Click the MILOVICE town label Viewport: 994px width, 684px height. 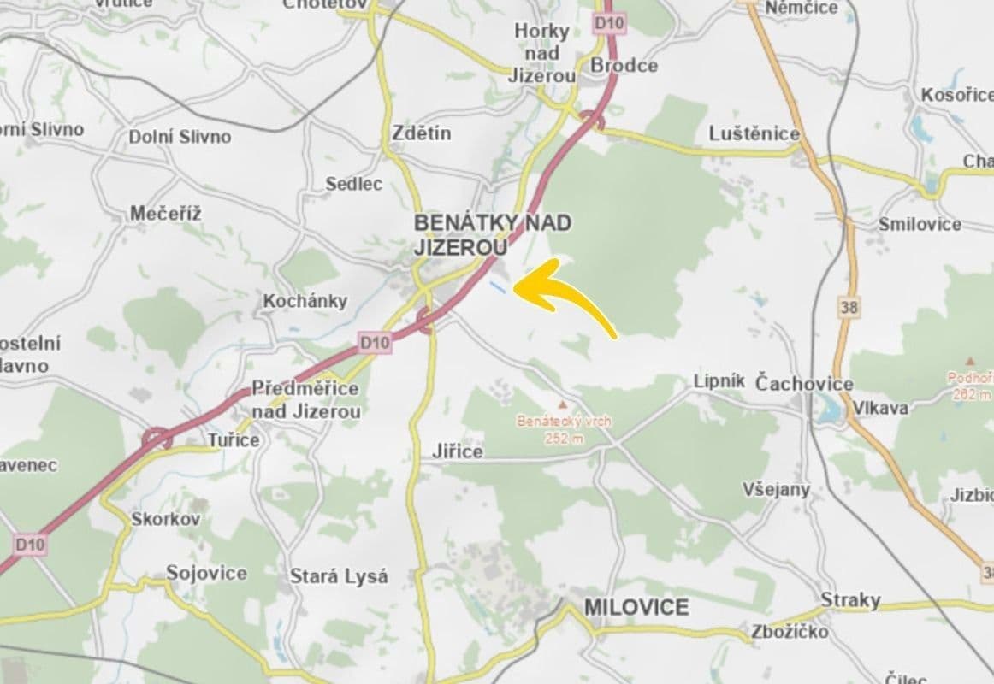[x=636, y=607]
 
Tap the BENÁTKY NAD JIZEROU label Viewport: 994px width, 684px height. [x=492, y=234]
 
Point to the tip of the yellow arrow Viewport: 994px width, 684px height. [x=515, y=288]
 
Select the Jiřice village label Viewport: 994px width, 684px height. [x=459, y=451]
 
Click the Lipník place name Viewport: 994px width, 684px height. [x=719, y=381]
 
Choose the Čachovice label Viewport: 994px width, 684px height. [x=804, y=383]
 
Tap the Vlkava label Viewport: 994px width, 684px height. [x=880, y=408]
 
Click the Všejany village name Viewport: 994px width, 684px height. [x=776, y=489]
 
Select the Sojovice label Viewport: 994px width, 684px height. [x=206, y=573]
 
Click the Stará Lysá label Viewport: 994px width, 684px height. [x=339, y=575]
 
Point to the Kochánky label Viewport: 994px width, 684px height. [x=305, y=301]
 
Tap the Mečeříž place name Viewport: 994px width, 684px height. [x=166, y=214]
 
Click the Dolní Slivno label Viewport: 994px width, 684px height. [x=180, y=136]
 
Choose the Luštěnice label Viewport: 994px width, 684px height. [x=754, y=133]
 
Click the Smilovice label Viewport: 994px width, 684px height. [x=920, y=224]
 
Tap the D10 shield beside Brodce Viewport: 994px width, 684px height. [x=609, y=24]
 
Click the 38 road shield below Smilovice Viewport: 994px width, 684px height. [x=850, y=306]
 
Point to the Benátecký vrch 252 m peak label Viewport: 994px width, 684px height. [x=562, y=429]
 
